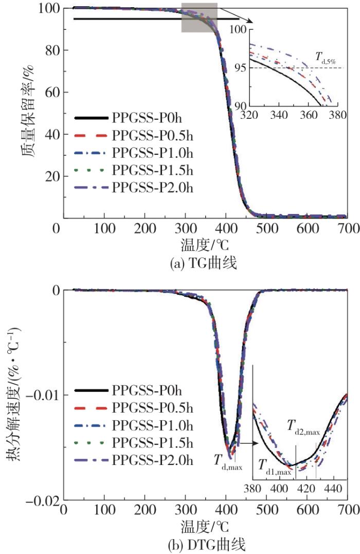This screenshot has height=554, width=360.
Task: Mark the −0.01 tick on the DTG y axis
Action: coord(42,395)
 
